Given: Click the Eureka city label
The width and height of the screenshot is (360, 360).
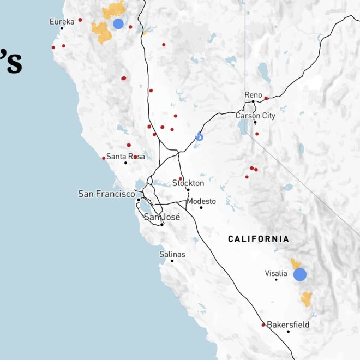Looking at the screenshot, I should tap(62, 21).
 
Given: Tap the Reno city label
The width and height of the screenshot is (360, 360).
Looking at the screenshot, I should tap(253, 95).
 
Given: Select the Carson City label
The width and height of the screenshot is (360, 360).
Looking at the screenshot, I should tap(255, 116).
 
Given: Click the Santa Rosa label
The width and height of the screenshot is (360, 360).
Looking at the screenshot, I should tap(125, 157).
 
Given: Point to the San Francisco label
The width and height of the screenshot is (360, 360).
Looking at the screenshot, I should tap(106, 194).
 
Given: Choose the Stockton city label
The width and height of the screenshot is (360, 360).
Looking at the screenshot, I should tap(188, 183).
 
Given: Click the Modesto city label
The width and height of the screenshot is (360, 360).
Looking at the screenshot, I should tap(201, 201).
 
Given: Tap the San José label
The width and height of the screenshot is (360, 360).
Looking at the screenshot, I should tap(161, 217).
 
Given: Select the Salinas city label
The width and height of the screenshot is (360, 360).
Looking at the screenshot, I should tap(172, 254).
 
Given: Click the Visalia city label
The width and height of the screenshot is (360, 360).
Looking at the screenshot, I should tap(275, 273).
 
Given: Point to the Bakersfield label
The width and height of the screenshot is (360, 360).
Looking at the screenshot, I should tap(288, 325).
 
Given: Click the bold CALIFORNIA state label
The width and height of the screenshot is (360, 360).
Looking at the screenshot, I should tap(259, 239).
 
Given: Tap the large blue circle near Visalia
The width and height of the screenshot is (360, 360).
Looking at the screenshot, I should tap(299, 274).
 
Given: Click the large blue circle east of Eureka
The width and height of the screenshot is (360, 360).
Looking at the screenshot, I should tap(118, 23).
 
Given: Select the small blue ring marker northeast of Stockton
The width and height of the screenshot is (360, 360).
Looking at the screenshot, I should tap(200, 137).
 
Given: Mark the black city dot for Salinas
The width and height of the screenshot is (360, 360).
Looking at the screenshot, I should tap(172, 261).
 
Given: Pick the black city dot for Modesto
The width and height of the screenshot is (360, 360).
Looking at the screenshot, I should tap(201, 207).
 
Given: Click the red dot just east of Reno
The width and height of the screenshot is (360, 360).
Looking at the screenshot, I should tap(266, 98).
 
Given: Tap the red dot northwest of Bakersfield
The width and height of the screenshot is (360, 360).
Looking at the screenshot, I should tap(263, 325).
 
